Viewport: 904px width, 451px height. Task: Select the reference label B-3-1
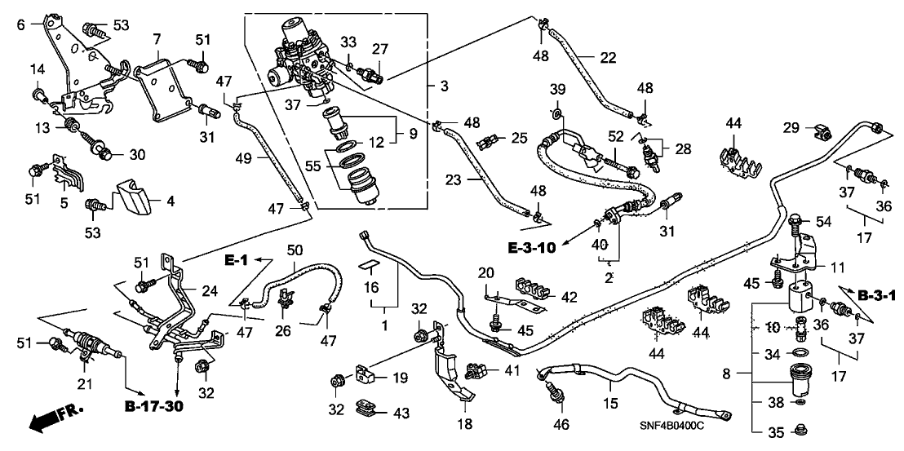[x=873, y=293]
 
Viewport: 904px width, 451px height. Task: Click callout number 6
[x=20, y=24]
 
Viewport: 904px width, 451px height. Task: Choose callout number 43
[x=401, y=413]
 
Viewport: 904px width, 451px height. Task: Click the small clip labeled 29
[x=819, y=130]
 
